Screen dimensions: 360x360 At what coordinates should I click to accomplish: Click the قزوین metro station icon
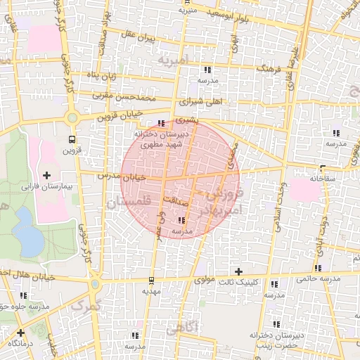pos(72,139)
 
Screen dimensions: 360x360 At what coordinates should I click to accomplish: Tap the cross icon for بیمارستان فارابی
pos(47,174)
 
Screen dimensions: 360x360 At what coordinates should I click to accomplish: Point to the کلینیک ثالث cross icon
pos(238,271)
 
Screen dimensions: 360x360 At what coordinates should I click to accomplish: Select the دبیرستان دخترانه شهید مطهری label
pos(159,139)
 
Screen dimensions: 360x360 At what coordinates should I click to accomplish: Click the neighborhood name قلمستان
pos(129,203)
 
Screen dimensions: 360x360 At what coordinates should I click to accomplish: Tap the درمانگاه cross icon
pos(20,333)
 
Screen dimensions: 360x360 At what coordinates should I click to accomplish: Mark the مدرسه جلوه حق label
pos(25,307)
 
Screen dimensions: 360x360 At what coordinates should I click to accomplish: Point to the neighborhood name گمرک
pos(87,305)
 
